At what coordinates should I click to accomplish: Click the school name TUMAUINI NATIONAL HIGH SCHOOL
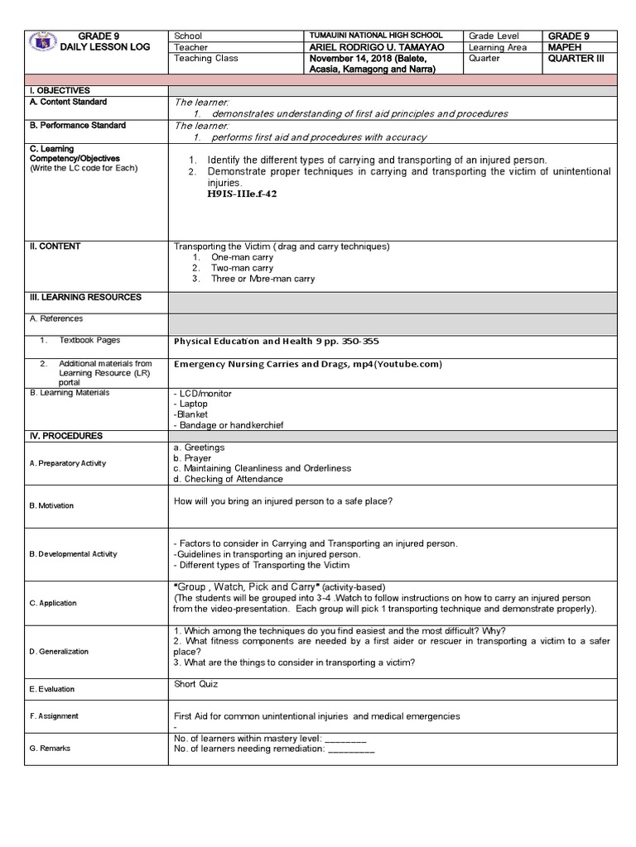pos(375,36)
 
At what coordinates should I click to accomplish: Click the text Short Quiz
pos(196,684)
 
